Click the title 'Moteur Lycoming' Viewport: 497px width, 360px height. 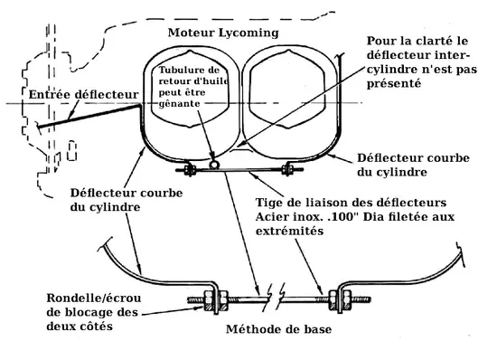coord(223,33)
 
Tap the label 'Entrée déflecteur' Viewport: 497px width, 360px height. coord(84,94)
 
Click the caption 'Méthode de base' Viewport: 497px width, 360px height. coord(279,329)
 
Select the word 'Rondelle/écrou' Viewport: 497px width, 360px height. coord(94,298)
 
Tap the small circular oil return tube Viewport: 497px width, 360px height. coord(214,165)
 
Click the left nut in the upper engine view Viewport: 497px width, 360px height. coord(190,169)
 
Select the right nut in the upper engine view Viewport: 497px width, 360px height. coord(288,169)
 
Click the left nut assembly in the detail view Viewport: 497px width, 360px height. coord(216,299)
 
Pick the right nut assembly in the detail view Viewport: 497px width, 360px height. coord(340,299)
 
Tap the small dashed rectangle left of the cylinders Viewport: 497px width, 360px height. coord(72,150)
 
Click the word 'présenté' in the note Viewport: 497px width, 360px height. coord(394,84)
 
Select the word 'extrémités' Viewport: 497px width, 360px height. coord(290,231)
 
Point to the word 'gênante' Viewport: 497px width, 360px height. coord(179,104)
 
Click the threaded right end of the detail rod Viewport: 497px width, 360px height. coord(361,299)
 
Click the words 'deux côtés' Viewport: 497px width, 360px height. coord(80,327)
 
